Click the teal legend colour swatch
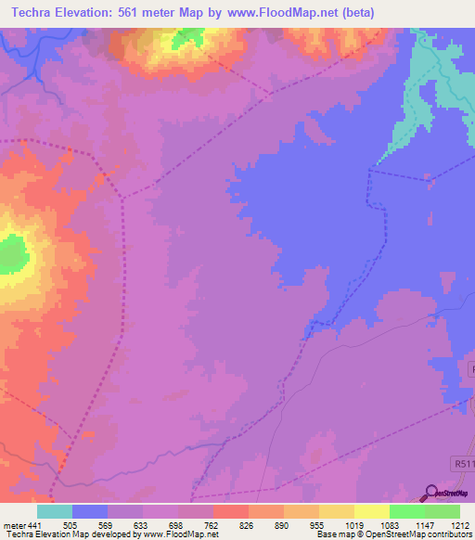click(x=54, y=511)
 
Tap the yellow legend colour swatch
click(x=372, y=511)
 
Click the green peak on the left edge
click(x=11, y=251)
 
